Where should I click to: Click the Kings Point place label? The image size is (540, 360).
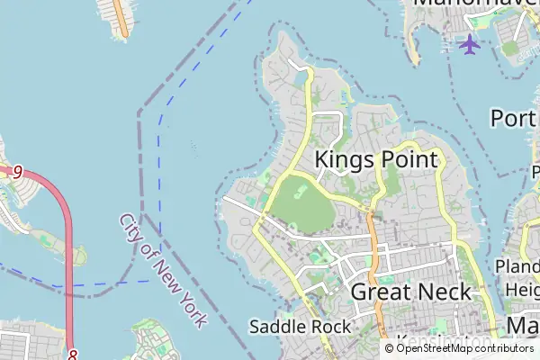[376, 160]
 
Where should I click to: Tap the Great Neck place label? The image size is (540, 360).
[410, 292]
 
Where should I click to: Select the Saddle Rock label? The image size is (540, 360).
[300, 326]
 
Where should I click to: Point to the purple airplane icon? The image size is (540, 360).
[469, 43]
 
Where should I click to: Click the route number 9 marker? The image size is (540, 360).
[16, 171]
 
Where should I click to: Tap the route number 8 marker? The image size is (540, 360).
[72, 355]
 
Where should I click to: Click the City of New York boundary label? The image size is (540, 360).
[163, 270]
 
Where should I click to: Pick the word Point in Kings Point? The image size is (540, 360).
[407, 160]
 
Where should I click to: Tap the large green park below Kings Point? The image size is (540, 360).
[301, 202]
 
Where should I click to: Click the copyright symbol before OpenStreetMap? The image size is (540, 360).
[390, 348]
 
